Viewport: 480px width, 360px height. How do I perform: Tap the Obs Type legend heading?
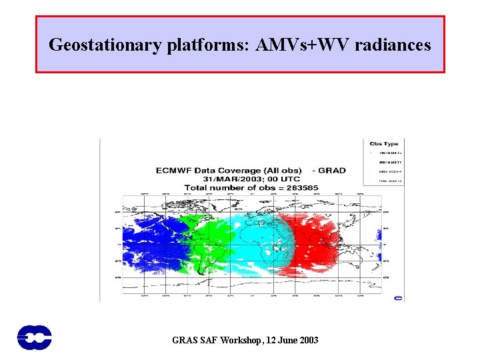[x=383, y=143]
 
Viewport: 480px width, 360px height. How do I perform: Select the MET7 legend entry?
[x=385, y=161]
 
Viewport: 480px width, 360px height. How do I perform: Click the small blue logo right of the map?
[x=398, y=298]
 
